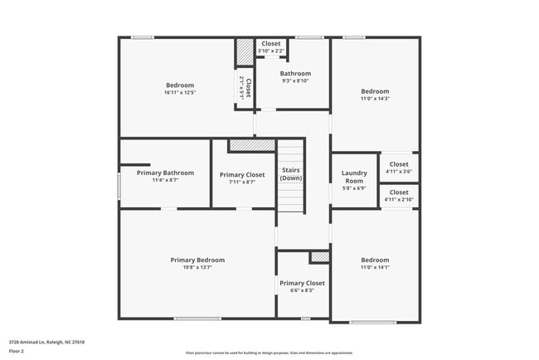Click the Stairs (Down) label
[x=290, y=174]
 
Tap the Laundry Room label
[x=354, y=177]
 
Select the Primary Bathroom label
[x=165, y=173]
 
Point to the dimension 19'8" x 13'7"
[x=197, y=267]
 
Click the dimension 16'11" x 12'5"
[x=180, y=92]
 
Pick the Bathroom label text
[x=294, y=74]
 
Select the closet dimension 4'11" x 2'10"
[x=399, y=200]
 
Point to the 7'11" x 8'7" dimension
[x=242, y=182]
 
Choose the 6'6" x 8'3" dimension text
[x=302, y=290]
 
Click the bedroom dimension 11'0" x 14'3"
[x=374, y=99]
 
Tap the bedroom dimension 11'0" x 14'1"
[x=374, y=267]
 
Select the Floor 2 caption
[x=17, y=352]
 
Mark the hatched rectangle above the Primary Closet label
[x=252, y=145]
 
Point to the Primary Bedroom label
[x=197, y=260]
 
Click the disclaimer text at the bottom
[x=269, y=353]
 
